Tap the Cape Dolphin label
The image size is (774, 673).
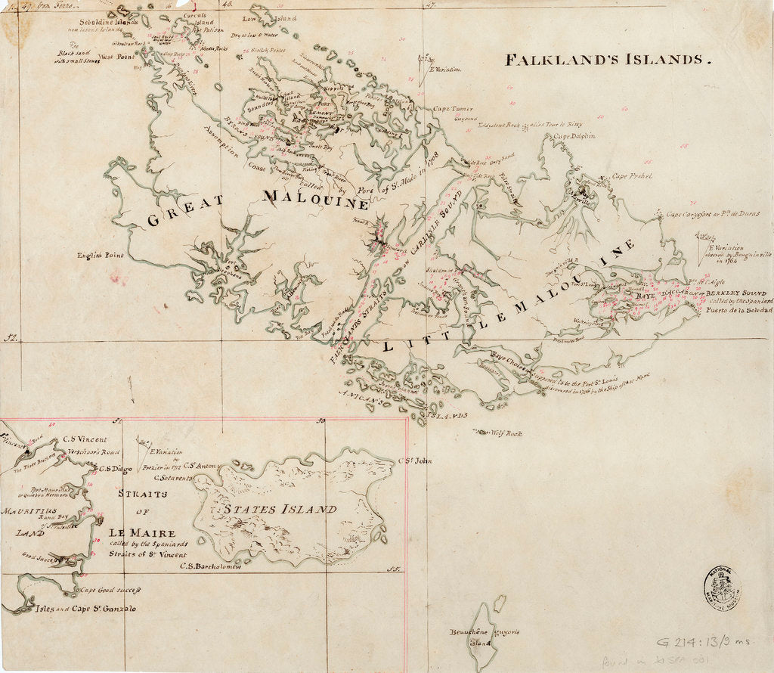574,137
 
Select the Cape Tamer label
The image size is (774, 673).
453,109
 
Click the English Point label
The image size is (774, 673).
100,256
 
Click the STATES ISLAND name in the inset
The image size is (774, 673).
281,510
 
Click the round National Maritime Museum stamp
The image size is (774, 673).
722,587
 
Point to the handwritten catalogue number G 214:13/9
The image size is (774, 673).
703,642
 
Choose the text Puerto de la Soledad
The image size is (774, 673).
737,310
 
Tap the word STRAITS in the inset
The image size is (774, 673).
144,494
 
